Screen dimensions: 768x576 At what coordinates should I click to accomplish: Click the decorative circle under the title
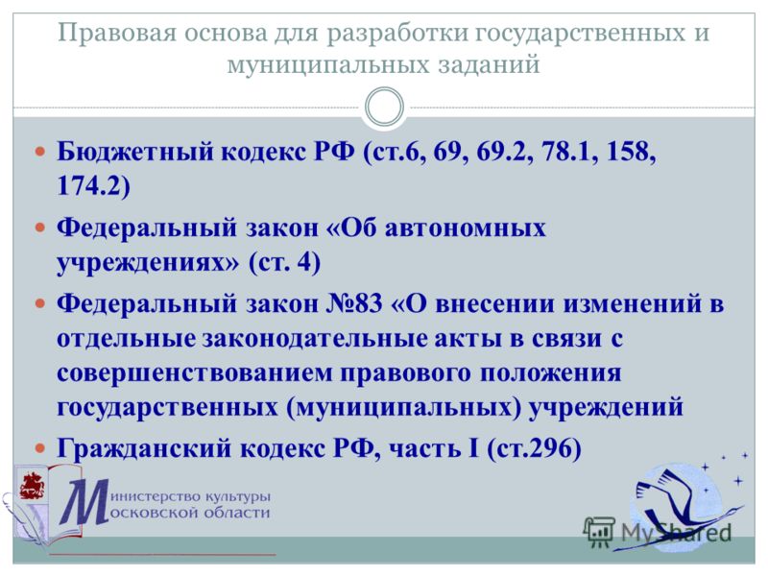385,107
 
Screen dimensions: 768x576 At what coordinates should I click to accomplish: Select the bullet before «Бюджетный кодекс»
40,152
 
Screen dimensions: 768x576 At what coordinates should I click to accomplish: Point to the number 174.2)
93,185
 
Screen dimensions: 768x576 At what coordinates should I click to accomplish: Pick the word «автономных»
465,228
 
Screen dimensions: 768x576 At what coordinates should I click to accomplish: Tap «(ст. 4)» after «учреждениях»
284,262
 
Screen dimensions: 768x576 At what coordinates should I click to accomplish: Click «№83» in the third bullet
354,303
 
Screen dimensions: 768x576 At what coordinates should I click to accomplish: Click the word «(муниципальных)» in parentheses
403,407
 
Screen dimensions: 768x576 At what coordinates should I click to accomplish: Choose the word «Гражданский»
143,447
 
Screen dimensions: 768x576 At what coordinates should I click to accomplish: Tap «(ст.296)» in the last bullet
535,447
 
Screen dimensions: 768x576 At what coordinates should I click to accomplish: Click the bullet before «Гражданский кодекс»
40,447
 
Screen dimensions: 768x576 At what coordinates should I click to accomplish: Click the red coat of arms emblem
32,485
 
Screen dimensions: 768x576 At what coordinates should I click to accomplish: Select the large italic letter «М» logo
85,502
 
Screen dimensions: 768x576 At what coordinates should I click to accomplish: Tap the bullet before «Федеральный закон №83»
40,303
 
